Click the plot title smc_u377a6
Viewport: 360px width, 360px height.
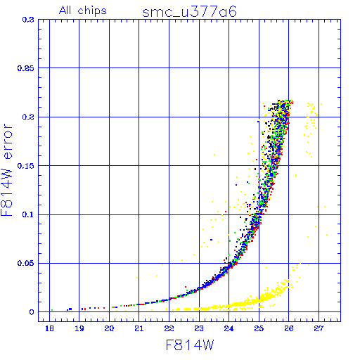(x=189, y=12)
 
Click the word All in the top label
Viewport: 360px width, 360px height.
(x=65, y=10)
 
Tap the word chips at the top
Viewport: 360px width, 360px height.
(x=92, y=11)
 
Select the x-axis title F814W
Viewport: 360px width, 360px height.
(x=190, y=345)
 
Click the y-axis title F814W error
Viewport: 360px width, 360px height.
(x=6, y=169)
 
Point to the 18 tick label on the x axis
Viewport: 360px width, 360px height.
(x=49, y=328)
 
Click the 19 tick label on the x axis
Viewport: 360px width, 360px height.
(x=79, y=328)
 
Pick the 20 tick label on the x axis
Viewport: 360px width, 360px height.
(x=109, y=328)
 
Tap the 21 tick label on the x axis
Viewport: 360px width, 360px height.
(x=139, y=328)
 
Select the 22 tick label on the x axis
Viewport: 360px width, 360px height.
(x=169, y=328)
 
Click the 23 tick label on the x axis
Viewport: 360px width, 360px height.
(x=199, y=328)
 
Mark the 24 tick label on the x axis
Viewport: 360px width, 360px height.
(x=229, y=328)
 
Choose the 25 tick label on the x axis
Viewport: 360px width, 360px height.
(x=259, y=328)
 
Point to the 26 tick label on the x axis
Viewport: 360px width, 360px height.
(x=289, y=328)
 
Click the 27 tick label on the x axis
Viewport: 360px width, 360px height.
(x=319, y=328)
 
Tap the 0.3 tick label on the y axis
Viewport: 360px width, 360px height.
(x=28, y=20)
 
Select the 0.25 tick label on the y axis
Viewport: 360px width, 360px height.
(x=26, y=68)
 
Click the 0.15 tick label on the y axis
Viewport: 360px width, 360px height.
(x=26, y=166)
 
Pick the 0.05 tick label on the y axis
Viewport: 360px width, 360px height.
(x=26, y=264)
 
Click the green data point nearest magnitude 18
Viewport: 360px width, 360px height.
(x=52, y=310)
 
